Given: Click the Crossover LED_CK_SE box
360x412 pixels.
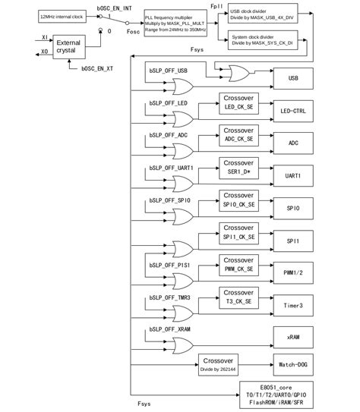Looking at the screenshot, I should tap(238, 103).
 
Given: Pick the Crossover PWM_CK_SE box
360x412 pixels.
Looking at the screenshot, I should tap(238, 264).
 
